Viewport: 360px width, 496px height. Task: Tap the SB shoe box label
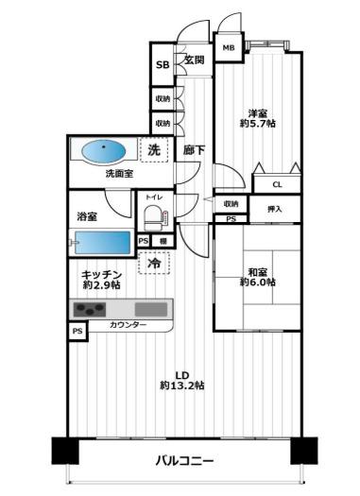coord(163,66)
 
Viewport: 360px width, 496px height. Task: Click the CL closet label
coord(279,185)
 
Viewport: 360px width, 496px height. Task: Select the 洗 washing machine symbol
coord(154,149)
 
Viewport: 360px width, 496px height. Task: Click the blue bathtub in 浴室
coord(99,242)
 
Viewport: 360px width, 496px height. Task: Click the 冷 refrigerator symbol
coord(154,265)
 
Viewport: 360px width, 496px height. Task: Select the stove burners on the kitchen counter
coord(91,310)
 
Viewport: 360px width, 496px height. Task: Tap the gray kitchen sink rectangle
coord(149,309)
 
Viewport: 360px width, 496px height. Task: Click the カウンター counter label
coord(128,325)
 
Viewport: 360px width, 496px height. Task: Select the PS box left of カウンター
coord(76,332)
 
